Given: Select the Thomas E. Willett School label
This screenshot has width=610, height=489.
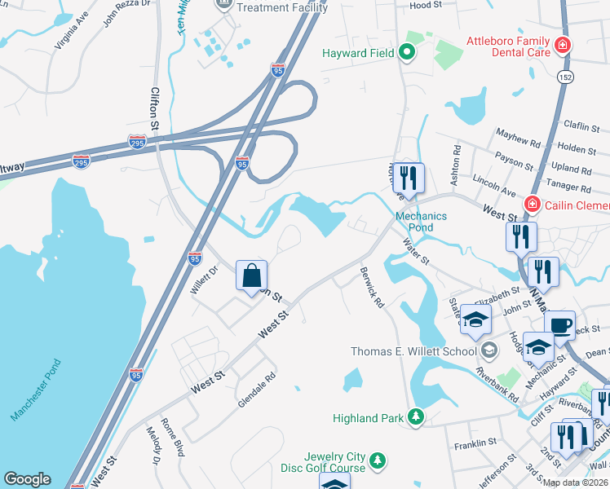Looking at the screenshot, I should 413,352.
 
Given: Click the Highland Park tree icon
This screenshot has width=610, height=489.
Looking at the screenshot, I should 417,418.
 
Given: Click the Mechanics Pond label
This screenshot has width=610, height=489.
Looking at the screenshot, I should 421,222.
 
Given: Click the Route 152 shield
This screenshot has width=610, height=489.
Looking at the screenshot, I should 564,76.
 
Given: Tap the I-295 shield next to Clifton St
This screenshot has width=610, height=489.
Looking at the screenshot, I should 138,143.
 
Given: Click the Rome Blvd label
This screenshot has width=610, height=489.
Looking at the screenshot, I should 176,436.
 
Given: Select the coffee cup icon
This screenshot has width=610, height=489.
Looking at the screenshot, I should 559,325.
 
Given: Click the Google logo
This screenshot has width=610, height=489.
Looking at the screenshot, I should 27,480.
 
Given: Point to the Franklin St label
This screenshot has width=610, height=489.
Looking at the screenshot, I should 476,443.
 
